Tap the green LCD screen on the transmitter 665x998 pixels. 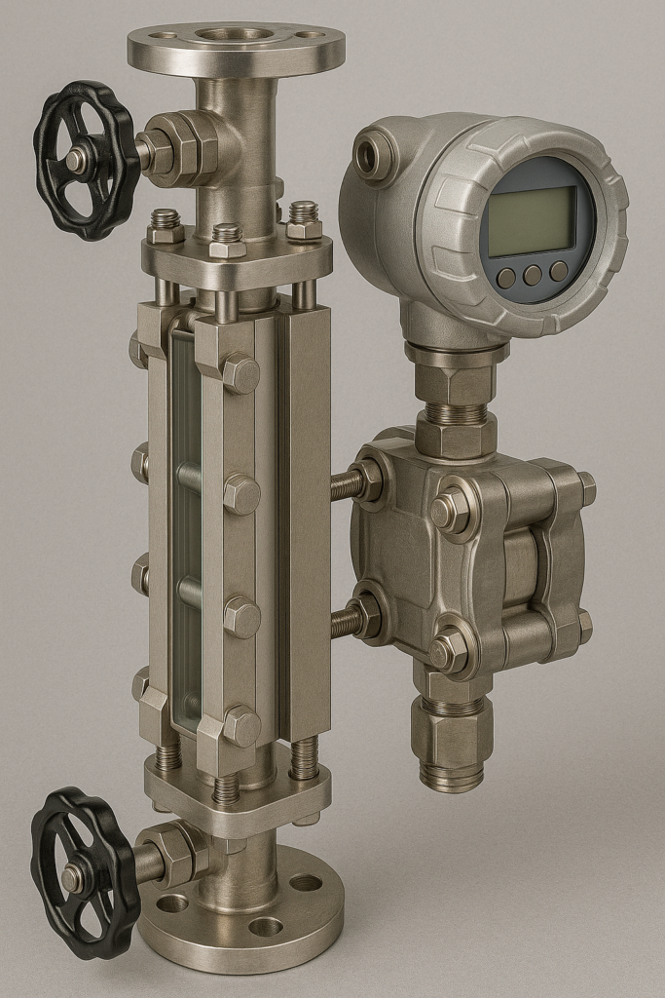point(531,221)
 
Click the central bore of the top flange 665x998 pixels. point(235,35)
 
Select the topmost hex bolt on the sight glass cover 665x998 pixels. point(240,373)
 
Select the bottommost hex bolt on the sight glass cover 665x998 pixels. point(240,726)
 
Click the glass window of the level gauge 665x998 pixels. point(185,526)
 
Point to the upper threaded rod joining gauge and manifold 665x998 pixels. point(346,484)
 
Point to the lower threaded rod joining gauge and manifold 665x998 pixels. point(346,621)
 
